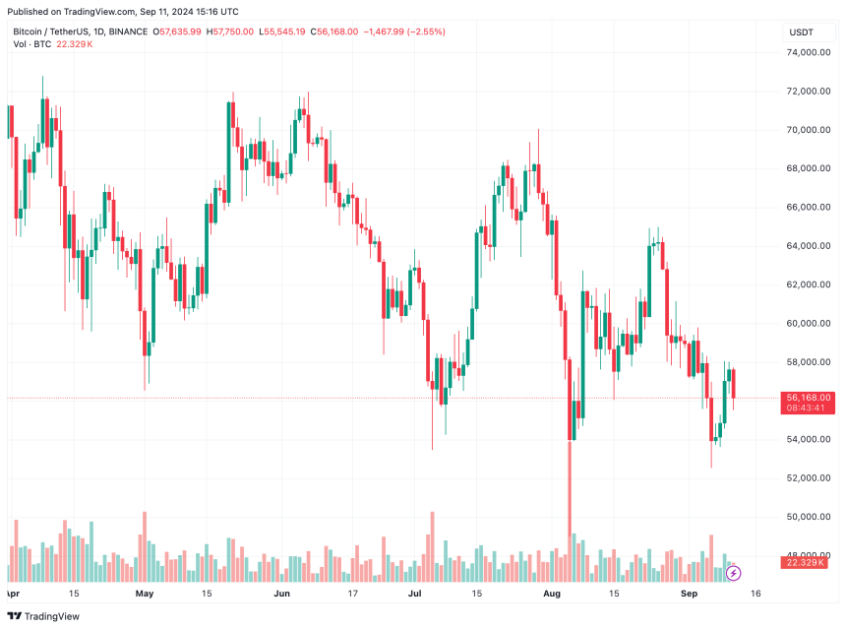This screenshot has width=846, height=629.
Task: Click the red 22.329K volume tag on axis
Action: (807, 562)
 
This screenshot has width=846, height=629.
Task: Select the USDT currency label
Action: (802, 32)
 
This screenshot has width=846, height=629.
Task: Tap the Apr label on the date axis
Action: (12, 595)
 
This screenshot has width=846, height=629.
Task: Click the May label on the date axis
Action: (145, 595)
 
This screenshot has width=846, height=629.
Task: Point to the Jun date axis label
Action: (282, 595)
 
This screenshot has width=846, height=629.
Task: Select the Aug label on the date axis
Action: (552, 595)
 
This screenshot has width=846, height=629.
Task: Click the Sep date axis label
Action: (690, 595)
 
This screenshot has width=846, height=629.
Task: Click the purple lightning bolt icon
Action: (733, 573)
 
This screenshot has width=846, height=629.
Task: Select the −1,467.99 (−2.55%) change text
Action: (404, 32)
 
